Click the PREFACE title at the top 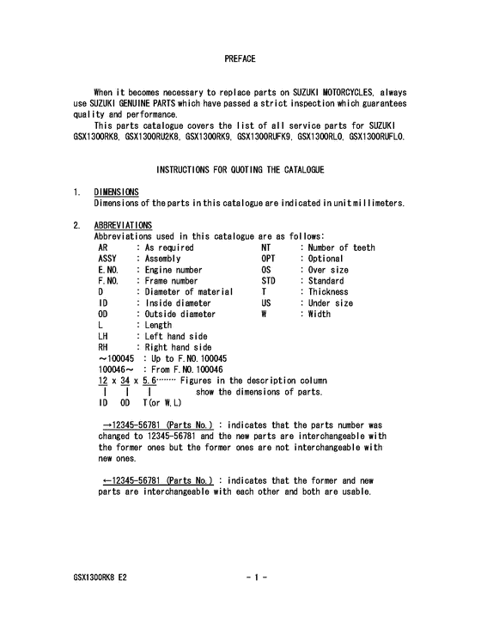point(240,58)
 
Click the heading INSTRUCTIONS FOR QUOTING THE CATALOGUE point(240,169)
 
